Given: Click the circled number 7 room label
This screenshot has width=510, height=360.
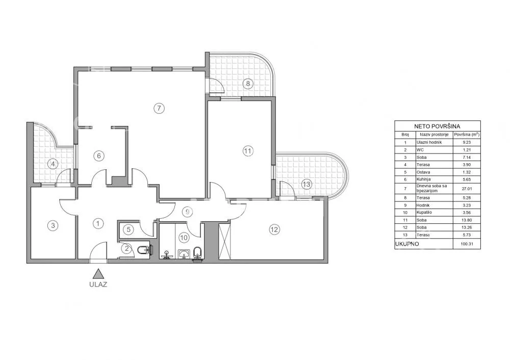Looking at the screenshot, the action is click(x=159, y=108).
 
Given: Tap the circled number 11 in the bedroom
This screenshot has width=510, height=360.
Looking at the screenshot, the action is click(x=248, y=151).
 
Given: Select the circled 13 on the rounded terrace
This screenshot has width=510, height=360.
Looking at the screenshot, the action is click(x=307, y=185).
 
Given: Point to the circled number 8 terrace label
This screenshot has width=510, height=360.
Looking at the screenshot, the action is click(x=248, y=84).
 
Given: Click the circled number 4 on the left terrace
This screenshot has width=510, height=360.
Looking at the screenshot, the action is click(x=53, y=164).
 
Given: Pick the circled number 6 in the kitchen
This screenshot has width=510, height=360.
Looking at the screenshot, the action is click(x=99, y=156).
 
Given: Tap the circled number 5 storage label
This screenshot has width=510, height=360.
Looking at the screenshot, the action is click(x=129, y=229).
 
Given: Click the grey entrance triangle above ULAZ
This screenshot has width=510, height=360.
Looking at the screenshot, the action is click(x=98, y=274).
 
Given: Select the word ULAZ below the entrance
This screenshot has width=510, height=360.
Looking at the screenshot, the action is click(x=98, y=285).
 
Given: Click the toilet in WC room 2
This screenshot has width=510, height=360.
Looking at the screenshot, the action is click(x=143, y=250).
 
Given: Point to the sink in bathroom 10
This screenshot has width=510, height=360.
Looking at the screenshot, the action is click(x=185, y=253).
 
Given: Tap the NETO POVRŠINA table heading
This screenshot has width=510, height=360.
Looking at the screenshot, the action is click(x=437, y=126).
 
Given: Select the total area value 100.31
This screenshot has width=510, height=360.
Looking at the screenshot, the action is click(x=467, y=244).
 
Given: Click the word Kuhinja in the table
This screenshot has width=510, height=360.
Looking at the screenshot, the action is click(x=423, y=179).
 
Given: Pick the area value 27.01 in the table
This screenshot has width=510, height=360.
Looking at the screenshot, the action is click(x=467, y=189).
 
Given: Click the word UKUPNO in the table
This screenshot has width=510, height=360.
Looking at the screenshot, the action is click(x=407, y=244).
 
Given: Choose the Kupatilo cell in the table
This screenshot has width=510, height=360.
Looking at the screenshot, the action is click(x=424, y=212).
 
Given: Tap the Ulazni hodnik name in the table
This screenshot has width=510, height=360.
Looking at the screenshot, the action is click(x=429, y=142).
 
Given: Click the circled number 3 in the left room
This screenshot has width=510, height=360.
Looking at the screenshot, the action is click(x=53, y=225).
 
